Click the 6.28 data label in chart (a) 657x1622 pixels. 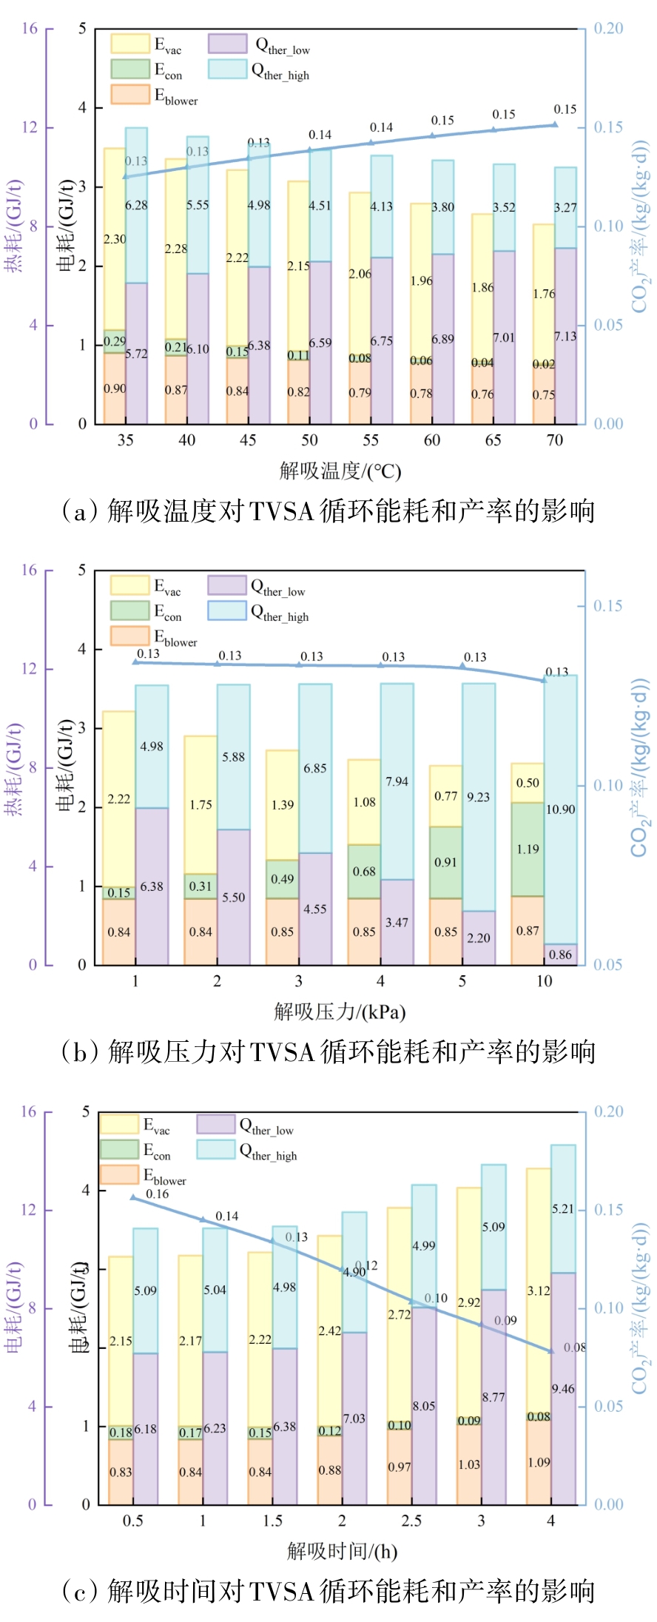click(136, 205)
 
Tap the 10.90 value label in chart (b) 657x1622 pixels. click(560, 810)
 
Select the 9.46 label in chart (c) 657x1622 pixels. click(563, 1389)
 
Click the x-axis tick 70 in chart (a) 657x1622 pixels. click(555, 440)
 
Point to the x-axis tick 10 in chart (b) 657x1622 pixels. click(544, 981)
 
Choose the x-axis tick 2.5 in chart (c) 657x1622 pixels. click(411, 1521)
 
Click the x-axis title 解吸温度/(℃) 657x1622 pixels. click(340, 471)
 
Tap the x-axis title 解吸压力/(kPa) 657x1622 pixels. click(340, 1012)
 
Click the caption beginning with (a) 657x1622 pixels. click(328, 511)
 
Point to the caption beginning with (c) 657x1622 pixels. click(328, 1591)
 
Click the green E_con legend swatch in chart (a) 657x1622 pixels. click(129, 69)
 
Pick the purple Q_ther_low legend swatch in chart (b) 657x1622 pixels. click(226, 585)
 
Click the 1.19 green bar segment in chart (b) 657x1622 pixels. click(528, 849)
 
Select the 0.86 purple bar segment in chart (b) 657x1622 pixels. click(560, 954)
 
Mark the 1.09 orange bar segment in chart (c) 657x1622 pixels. click(539, 1462)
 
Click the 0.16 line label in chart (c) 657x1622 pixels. click(157, 1194)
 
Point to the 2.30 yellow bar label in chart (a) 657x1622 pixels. click(115, 239)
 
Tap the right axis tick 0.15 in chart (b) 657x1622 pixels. click(607, 606)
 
